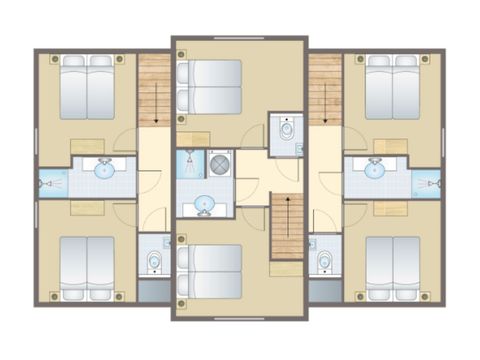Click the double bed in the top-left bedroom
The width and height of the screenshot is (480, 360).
tap(87, 87)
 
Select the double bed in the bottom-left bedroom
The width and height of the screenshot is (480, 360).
tap(87, 267)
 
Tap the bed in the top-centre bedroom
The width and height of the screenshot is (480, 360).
tap(209, 87)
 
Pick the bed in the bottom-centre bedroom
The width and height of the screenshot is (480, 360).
tap(209, 271)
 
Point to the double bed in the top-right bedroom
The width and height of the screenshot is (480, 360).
tap(392, 87)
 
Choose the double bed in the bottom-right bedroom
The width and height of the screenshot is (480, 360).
tap(392, 267)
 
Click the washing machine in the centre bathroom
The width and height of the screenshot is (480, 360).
tap(219, 164)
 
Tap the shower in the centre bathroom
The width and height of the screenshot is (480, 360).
tap(189, 164)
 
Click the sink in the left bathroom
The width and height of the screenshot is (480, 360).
tap(105, 170)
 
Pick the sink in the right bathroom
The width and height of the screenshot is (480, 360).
tap(374, 170)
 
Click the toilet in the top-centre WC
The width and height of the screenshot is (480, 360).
tap(287, 129)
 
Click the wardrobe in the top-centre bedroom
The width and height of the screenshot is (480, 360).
tap(192, 138)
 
